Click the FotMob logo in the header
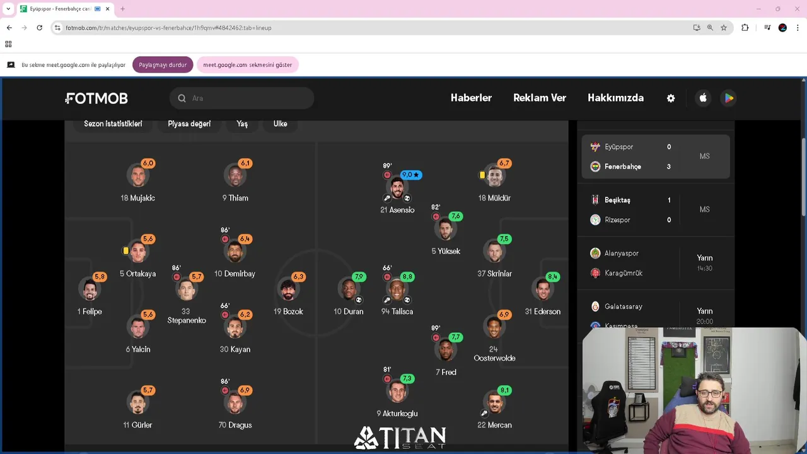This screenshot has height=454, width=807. coord(96,98)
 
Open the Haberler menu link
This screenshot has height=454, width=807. coord(471,98)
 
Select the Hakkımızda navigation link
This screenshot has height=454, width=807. coord(615,98)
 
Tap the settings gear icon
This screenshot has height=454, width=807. coord(671,98)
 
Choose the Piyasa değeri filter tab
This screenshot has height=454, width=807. coord(189,124)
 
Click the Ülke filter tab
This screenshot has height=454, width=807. coord(280,124)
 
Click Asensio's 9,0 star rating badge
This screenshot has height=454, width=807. coord(410,175)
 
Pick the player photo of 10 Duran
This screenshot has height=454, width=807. coord(349,289)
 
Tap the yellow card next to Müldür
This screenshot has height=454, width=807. coord(482,175)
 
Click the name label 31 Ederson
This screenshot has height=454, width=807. coord(542,311)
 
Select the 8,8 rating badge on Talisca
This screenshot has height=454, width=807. coord(407,277)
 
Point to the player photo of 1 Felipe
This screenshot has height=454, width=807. coord(90,289)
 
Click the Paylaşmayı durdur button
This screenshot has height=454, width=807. coord(163,65)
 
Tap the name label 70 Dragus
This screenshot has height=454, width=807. coord(235,425)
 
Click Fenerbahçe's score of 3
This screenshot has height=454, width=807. coord(669,166)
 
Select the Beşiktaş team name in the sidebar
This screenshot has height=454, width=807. coord(617,200)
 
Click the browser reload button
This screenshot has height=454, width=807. coord(39,28)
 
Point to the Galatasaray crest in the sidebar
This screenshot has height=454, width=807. coord(595,306)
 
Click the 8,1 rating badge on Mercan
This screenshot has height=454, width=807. coord(504,390)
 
